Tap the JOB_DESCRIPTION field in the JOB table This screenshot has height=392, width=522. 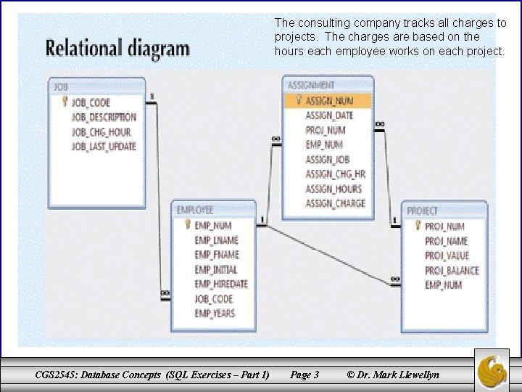(x=104, y=117)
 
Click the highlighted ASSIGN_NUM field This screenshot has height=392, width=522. (x=329, y=100)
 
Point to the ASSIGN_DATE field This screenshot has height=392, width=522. (x=329, y=115)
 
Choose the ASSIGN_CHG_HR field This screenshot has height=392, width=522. (x=335, y=174)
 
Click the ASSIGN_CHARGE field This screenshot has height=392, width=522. (x=335, y=203)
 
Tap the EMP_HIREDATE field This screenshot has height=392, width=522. (x=221, y=284)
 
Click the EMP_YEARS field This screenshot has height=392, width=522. (x=215, y=313)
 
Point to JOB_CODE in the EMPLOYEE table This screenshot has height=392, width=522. (x=214, y=298)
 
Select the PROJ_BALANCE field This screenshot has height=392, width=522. (x=452, y=270)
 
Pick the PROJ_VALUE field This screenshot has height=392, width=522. (x=447, y=256)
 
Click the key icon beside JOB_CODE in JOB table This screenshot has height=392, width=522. (x=65, y=102)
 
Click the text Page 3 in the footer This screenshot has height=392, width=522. (x=304, y=375)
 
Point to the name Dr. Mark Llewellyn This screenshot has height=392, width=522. (x=399, y=375)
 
